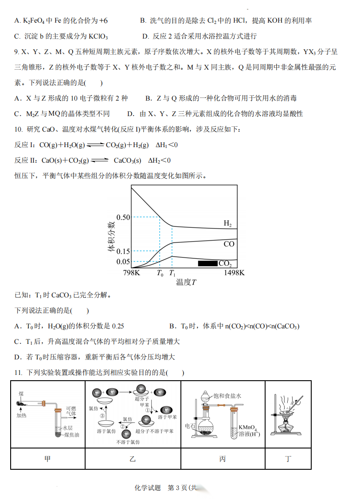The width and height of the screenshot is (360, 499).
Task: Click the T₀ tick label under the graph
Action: (160, 273)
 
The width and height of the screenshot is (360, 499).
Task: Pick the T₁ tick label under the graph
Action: (172, 273)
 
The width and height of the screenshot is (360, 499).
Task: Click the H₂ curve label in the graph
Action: (227, 224)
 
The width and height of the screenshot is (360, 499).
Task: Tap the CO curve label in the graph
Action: (229, 244)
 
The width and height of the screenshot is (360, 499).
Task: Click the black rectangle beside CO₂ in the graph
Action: (207, 264)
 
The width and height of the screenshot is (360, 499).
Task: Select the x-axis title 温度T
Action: (186, 282)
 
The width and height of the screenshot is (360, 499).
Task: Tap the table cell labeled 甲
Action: (47, 459)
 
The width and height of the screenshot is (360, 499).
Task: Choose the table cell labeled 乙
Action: (133, 459)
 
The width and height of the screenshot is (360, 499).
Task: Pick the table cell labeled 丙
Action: (223, 459)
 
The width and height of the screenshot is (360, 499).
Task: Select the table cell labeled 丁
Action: (288, 459)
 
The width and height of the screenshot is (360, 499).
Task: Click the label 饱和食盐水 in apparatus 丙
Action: (227, 396)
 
